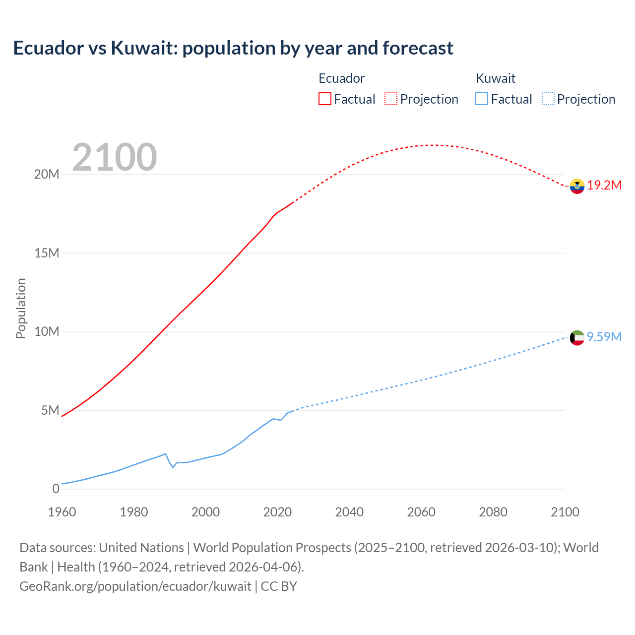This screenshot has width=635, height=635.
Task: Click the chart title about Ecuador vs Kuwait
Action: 233,48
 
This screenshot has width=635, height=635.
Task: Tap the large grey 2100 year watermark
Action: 115,157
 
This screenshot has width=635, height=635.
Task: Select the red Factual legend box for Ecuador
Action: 325,99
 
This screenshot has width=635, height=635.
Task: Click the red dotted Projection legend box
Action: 391,99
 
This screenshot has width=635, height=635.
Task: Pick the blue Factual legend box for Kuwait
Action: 482,99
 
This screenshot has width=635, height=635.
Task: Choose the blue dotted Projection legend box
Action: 548,99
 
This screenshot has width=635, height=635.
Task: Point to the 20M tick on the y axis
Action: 47,174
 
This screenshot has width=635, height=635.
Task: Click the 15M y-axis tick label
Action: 47,253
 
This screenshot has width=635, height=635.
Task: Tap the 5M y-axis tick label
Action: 50,410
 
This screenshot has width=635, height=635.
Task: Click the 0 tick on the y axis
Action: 56,489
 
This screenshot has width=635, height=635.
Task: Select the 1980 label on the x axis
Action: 134,512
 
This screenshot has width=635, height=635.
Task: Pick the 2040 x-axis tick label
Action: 349,512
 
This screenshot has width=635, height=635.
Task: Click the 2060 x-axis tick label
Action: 421,512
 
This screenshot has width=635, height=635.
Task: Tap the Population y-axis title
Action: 21,308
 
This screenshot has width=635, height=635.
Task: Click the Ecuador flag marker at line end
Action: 577,186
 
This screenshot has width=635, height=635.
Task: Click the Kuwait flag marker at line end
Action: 577,338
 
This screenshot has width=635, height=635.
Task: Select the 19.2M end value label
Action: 604,186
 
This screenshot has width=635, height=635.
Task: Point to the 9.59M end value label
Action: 604,337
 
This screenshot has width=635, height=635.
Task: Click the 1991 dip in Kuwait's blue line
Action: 173,467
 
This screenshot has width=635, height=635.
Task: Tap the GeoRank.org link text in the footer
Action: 135,586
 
